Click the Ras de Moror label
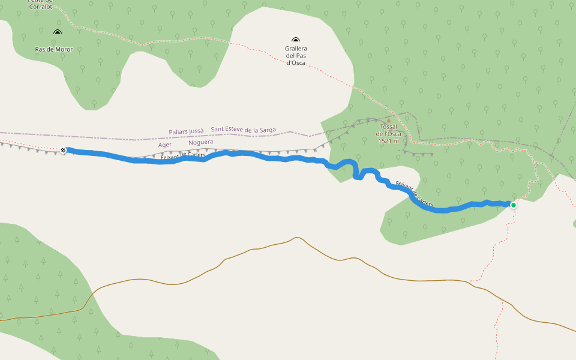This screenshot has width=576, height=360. tap(53, 49)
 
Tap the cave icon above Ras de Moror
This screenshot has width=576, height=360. tap(58, 32)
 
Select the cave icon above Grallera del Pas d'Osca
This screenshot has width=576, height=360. tap(296, 40)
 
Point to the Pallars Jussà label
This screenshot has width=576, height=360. tap(186, 130)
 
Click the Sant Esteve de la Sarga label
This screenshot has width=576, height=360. tap(244, 130)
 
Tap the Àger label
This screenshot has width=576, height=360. tap(165, 145)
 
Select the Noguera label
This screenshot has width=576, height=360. tap(200, 143)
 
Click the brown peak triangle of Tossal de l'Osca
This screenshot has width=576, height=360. tap(388, 121)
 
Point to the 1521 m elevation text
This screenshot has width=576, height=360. tap(389, 141)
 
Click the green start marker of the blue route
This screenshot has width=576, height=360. tap(514, 205)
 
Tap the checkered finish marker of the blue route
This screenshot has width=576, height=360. tap(64, 150)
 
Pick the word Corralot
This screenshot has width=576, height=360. tap(42, 6)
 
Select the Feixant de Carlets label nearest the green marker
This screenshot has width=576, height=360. tap(415, 194)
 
